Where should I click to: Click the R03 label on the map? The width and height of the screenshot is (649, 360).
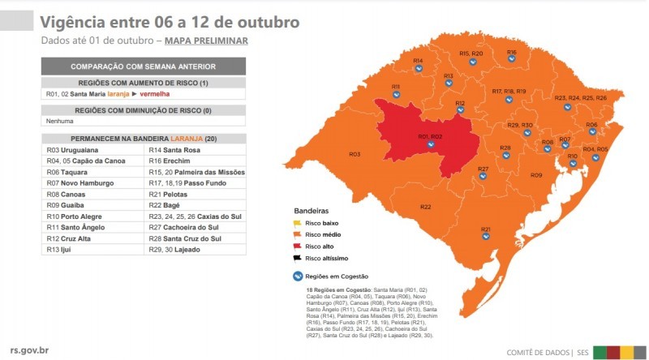(x=355, y=154)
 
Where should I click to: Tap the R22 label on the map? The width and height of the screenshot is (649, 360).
(x=426, y=208)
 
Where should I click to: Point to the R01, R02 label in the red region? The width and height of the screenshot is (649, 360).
(x=430, y=136)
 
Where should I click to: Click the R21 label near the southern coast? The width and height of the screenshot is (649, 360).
(x=485, y=229)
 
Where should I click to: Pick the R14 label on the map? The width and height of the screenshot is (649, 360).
(x=418, y=61)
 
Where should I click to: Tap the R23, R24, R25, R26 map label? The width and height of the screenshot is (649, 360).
(x=580, y=98)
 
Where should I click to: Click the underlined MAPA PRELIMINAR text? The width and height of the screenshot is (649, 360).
(x=206, y=41)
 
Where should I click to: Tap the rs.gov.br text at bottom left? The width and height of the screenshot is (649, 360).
(x=28, y=351)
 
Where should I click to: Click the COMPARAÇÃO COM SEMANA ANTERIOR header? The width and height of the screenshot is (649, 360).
(x=143, y=66)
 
